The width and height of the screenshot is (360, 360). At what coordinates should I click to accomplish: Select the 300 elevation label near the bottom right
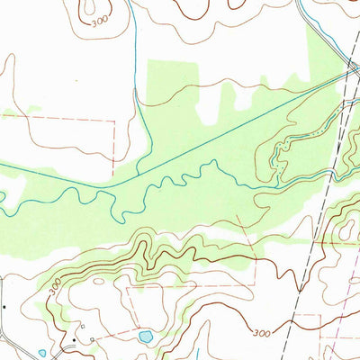pos(261,333)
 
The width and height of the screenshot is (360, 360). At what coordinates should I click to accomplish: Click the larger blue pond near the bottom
pos(145,337)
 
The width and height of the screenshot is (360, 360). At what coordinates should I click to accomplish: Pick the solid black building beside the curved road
pos(75,341)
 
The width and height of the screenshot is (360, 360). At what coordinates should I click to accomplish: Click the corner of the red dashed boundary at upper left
pos(114,119)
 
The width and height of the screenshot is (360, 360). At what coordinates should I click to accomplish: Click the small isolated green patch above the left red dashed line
pos(34,110)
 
